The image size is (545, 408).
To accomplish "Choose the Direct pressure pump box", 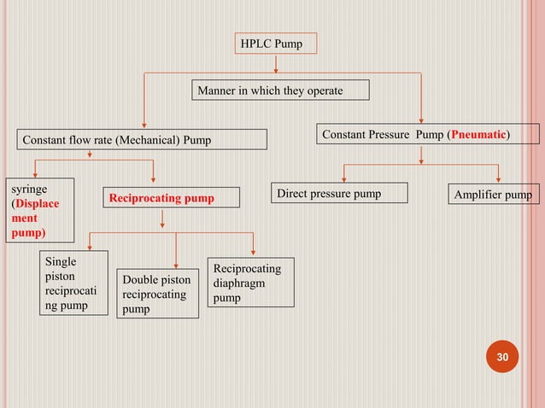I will tap(339, 194).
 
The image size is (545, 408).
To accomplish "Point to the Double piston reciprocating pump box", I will tap(157, 294).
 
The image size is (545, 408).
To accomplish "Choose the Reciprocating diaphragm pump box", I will tap(250, 283).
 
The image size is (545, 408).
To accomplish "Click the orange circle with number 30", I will tap(501, 357).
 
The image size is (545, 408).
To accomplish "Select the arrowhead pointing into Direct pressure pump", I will tap(344, 179).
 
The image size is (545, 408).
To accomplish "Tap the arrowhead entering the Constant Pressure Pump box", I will tap(421, 119).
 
